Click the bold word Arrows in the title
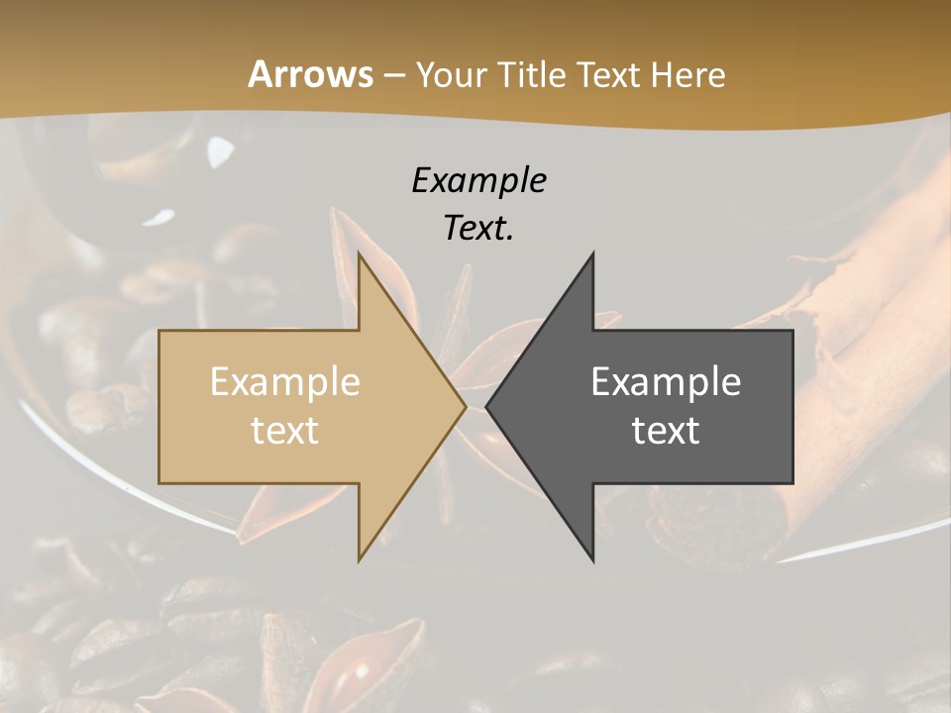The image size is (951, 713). pos(310,74)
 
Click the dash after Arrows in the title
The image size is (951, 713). pos(393,75)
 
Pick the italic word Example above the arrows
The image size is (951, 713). pos(478,180)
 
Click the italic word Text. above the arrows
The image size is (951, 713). pos(478,229)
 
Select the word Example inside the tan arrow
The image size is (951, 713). pos(284,381)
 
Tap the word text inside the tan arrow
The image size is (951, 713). pos(284,431)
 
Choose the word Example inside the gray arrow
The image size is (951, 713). pos(666,381)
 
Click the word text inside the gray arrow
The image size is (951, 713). pos(666,431)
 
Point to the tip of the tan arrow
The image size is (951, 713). pos(465,407)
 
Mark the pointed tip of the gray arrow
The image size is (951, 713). pos(487,407)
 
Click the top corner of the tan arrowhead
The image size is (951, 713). pos(360,254)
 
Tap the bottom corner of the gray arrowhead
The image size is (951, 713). pos(592,560)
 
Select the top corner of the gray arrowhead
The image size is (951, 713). pos(592,254)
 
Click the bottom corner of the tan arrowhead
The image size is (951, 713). pos(360,560)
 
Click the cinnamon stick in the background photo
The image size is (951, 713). pos(862,327)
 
